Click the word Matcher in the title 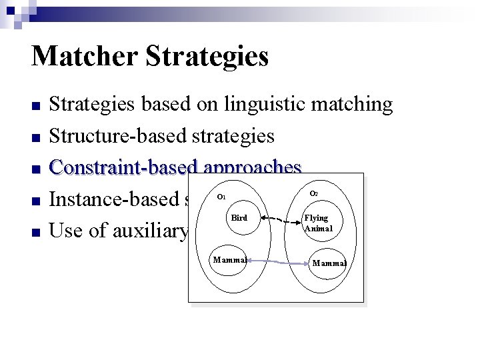pos(83,57)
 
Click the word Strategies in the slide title pos(206,57)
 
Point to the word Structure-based pos(119,136)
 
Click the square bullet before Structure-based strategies pos(36,138)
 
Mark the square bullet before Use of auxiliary pos(36,232)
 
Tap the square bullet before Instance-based pos(36,201)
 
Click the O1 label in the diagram pos(222,197)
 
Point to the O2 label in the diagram pos(314,193)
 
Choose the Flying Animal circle pos(319,222)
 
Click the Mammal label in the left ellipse pos(229,259)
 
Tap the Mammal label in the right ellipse pos(329,263)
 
